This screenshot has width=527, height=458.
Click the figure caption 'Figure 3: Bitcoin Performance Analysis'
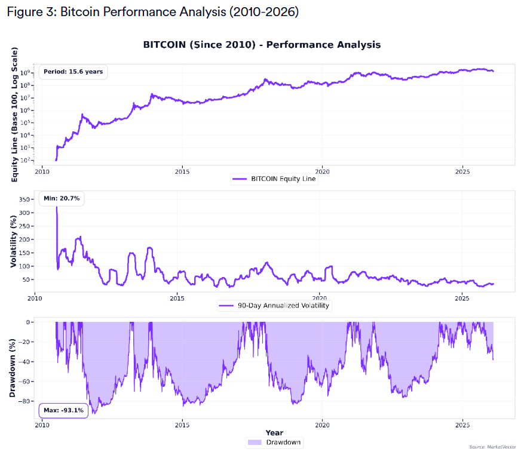tap(152, 12)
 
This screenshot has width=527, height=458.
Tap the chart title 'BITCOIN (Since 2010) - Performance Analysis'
tap(262, 45)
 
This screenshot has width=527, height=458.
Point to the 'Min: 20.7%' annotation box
tap(62, 198)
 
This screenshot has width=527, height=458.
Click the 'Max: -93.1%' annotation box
tap(63, 410)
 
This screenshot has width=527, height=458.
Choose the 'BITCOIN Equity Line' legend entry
tap(275, 179)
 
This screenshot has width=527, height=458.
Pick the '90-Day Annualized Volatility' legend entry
tap(275, 305)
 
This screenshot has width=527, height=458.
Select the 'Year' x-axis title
tap(275, 433)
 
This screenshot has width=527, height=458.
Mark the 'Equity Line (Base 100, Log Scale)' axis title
tap(14, 113)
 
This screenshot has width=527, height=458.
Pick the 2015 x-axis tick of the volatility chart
tap(177, 297)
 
